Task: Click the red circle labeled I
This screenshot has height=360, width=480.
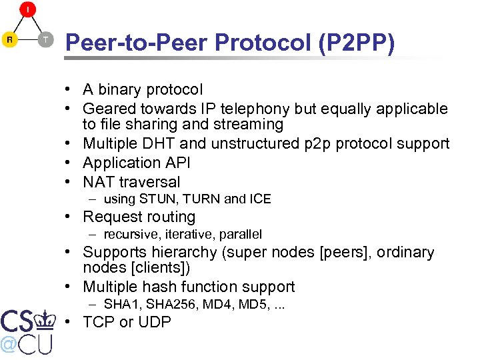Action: (27, 10)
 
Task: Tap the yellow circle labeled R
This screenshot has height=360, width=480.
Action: (10, 39)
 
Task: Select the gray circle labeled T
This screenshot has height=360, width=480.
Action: (45, 39)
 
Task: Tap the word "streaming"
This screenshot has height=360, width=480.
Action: (250, 125)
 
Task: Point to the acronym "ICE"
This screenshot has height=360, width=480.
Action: (260, 199)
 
